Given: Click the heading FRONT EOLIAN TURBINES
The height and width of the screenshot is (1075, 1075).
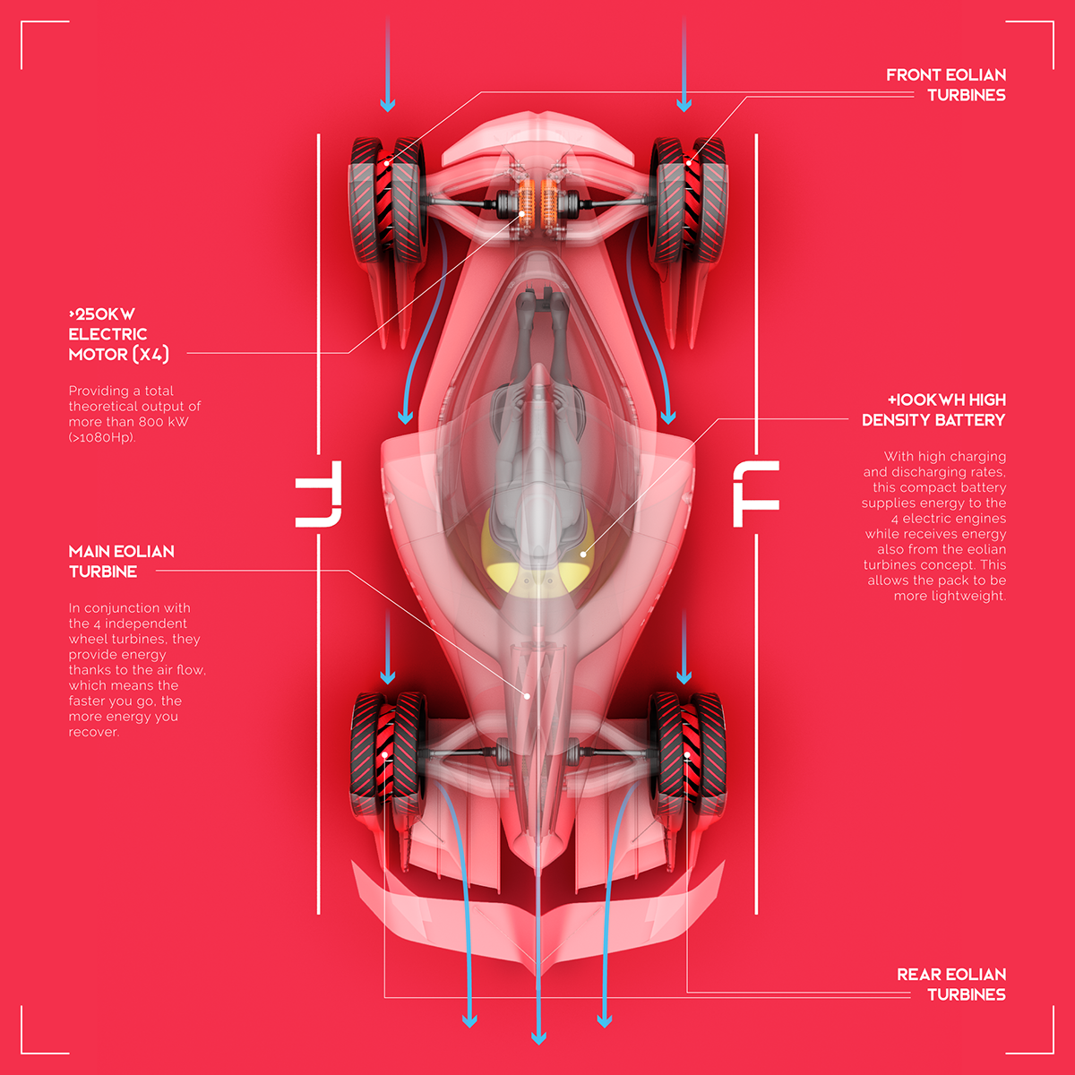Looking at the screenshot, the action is [x=946, y=85].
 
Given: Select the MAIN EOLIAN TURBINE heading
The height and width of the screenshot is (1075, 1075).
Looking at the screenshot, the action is [x=121, y=561].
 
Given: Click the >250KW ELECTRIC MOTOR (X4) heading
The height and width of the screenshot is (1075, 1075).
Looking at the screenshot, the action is [x=118, y=334].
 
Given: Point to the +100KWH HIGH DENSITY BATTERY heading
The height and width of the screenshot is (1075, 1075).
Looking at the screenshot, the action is [x=933, y=409].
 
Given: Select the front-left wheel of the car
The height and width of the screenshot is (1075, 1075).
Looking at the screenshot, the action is [x=388, y=200].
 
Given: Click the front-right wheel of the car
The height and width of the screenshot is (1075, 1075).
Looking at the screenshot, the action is [x=690, y=200].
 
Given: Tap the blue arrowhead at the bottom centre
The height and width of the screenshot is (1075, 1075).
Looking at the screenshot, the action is [x=538, y=1037].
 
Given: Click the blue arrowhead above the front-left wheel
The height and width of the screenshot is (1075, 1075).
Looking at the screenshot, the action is [x=388, y=104].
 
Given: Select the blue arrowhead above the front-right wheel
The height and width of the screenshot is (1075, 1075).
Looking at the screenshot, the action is [x=684, y=104].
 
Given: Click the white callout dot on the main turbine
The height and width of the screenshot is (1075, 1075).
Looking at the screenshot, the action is [x=527, y=696].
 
